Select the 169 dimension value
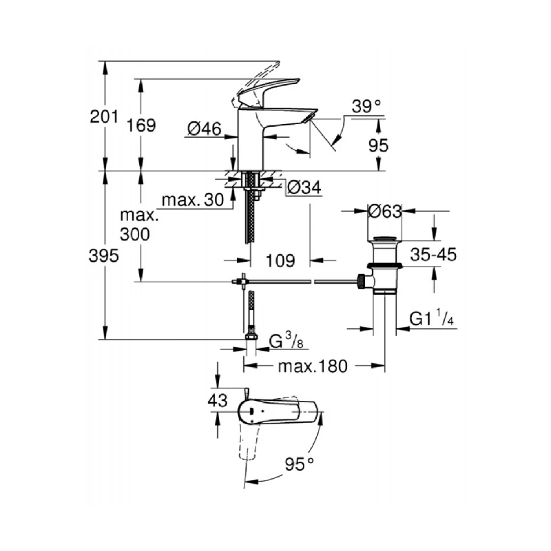141,125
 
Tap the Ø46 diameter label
203,127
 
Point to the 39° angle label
366,106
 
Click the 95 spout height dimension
379,145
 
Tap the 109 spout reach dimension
280,261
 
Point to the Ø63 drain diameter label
384,211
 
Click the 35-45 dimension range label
433,256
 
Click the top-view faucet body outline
275,413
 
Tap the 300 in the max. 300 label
134,234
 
